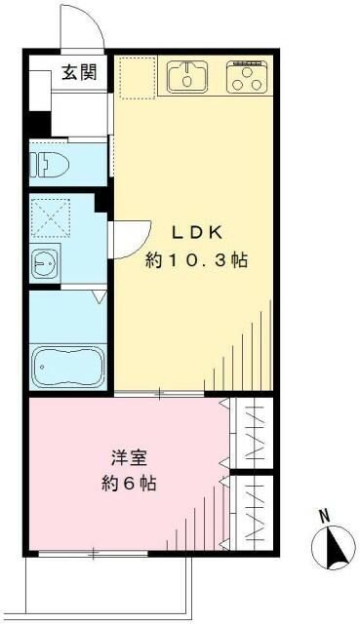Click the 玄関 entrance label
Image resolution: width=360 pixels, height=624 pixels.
[x=79, y=72]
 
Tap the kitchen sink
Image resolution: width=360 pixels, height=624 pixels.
[x=186, y=77]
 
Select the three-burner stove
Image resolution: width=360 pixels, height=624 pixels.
[x=247, y=77]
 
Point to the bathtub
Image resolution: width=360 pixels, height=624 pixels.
[x=68, y=367]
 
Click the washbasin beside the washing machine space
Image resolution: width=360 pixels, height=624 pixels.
[x=45, y=263]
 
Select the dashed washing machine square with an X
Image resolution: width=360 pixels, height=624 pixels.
[x=51, y=218]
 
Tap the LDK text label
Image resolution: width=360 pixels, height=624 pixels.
[x=196, y=233]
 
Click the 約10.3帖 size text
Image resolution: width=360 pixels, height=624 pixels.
[x=196, y=260]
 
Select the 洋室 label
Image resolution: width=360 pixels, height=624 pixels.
[x=129, y=458]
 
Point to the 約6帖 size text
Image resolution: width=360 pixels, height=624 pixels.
[x=129, y=484]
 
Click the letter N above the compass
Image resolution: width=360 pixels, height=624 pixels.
[x=325, y=517]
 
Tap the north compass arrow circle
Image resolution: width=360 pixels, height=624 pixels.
[x=334, y=548]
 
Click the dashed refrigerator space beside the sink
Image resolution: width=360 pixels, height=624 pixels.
[x=137, y=78]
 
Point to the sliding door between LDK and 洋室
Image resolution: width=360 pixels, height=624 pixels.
[x=159, y=394]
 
